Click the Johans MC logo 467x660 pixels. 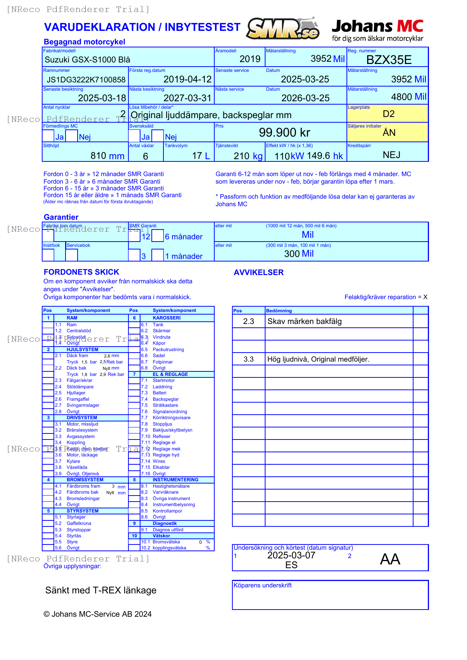pyautogui.click(x=377, y=30)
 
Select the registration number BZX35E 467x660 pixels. pyautogui.click(x=389, y=60)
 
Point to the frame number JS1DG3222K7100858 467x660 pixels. pyautogui.click(x=86, y=80)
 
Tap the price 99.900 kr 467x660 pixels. pyautogui.click(x=284, y=132)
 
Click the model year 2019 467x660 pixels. pyautogui.click(x=250, y=59)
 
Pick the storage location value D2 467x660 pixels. pyautogui.click(x=388, y=114)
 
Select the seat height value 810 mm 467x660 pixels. pyautogui.click(x=107, y=156)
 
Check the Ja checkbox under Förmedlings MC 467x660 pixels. pyautogui.click(x=48, y=136)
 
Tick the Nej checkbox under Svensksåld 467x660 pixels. pyautogui.click(x=158, y=136)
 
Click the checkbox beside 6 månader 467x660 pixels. pyautogui.click(x=158, y=236)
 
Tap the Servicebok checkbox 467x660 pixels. pyautogui.click(x=72, y=255)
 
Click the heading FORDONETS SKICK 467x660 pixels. pyautogui.click(x=81, y=272)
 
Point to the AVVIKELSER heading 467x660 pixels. pyautogui.click(x=258, y=272)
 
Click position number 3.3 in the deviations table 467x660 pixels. pyautogui.click(x=249, y=359)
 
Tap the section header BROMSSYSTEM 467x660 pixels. pyautogui.click(x=85, y=480)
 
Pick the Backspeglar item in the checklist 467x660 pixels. pyautogui.click(x=166, y=399)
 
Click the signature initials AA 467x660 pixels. pyautogui.click(x=390, y=559)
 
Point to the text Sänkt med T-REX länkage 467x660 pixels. pyautogui.click(x=101, y=590)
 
